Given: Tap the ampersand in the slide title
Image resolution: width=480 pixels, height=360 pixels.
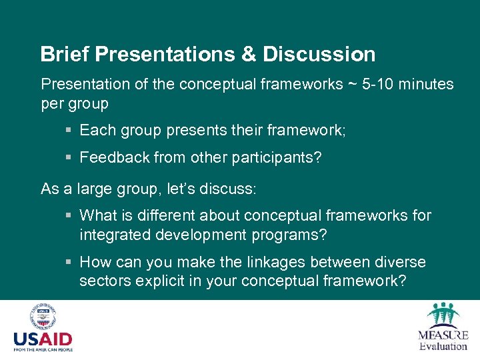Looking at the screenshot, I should coord(247,54).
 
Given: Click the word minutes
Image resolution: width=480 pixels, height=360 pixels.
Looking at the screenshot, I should coord(426,85).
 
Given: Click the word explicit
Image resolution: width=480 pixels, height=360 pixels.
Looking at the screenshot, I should coord(159,281).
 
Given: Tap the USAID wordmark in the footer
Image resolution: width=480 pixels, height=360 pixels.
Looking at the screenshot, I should coord(43,339).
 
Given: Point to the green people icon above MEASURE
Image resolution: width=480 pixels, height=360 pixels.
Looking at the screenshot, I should coord(443,314).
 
